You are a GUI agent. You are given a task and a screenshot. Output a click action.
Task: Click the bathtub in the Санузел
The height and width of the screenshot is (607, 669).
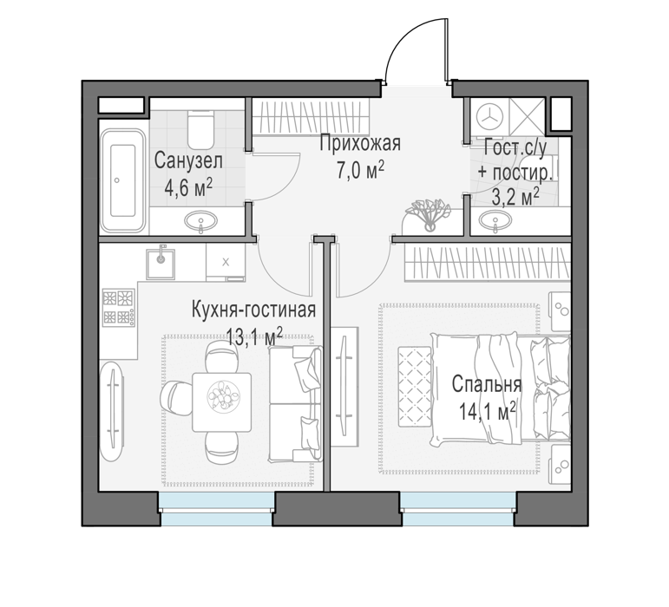tap(123, 180)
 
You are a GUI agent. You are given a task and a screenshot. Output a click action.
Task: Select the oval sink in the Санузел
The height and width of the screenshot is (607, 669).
tap(200, 221)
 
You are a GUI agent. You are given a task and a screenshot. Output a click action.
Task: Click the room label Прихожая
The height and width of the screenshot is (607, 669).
tap(360, 143)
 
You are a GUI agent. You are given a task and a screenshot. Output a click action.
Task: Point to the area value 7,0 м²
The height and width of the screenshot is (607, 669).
tap(360, 171)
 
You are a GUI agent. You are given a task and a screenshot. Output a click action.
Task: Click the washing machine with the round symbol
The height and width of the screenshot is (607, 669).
tap(489, 116)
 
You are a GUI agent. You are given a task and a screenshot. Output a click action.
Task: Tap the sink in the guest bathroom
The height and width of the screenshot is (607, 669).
tap(495, 221)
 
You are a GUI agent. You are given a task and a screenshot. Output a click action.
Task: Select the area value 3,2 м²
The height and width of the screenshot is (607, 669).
tap(515, 198)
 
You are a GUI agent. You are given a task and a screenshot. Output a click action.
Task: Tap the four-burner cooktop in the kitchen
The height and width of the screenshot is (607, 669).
tap(119, 307)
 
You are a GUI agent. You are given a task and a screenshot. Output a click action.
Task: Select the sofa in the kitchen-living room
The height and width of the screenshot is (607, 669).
tap(295, 404)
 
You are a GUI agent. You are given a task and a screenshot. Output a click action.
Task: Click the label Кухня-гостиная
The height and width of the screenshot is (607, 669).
tap(254, 310)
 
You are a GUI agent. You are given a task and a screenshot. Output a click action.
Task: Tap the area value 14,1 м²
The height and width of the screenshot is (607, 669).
tap(488, 412)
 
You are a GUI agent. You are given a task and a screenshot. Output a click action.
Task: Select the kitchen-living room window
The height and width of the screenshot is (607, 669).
tap(217, 508)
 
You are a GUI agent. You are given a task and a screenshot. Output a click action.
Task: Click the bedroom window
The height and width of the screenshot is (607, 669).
tap(458, 508)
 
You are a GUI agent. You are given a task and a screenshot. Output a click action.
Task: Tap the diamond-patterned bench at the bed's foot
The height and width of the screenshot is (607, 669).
tap(415, 387)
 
